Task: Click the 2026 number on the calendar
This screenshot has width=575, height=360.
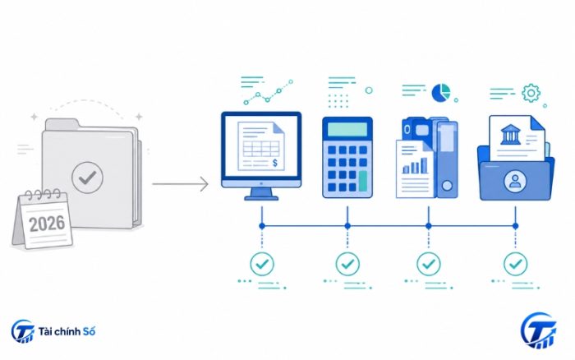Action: click(x=47, y=224)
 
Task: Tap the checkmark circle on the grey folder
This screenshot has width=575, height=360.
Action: click(x=87, y=178)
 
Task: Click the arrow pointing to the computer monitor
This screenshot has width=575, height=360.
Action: click(x=180, y=184)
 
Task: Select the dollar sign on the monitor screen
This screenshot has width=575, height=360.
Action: click(x=275, y=163)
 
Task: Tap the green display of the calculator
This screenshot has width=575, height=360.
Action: click(x=347, y=130)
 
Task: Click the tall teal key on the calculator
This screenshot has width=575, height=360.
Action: click(x=363, y=181)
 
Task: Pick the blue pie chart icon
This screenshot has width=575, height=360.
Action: click(x=441, y=93)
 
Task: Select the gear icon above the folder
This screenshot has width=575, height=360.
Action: click(x=531, y=93)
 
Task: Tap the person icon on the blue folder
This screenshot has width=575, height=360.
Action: click(x=515, y=181)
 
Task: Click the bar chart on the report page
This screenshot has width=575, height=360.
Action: click(x=415, y=166)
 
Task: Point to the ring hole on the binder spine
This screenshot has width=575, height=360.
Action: click(x=447, y=186)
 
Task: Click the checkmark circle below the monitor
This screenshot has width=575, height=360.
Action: click(x=262, y=264)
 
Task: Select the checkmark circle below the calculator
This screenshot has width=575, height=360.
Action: click(x=347, y=264)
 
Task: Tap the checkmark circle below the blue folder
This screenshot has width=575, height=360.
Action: click(x=515, y=264)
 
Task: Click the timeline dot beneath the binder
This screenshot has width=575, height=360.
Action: click(x=428, y=226)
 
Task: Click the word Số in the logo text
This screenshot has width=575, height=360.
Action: click(x=89, y=331)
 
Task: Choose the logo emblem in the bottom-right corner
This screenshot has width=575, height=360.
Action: click(x=538, y=330)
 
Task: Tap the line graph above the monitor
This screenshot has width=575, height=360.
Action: click(x=269, y=92)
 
